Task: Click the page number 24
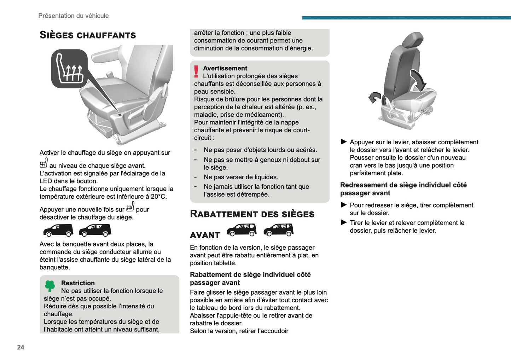pos(21,347)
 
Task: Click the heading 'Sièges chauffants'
pos(88,35)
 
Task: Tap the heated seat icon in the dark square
pos(69,69)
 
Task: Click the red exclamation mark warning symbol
pos(196,71)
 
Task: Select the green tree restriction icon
pos(50,286)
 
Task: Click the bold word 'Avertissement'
pos(225,68)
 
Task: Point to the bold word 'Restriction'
pos(78,283)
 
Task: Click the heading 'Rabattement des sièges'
pos(252,214)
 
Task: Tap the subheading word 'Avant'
pos(205,235)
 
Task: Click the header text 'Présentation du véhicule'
pos(74,16)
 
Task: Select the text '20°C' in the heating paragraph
pos(159,197)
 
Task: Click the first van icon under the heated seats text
pos(58,230)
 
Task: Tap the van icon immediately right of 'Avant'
pos(242,230)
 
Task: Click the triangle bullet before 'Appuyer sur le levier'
pos(344,142)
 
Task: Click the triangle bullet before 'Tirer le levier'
pos(344,222)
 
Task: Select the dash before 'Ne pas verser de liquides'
pos(196,177)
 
